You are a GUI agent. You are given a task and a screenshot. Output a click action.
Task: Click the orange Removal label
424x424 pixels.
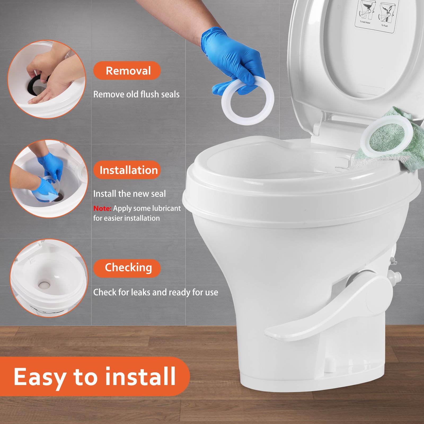[127, 71]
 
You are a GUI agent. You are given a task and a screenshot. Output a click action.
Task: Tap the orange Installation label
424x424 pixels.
[127, 170]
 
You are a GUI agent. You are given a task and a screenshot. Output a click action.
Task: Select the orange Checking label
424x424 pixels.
[127, 268]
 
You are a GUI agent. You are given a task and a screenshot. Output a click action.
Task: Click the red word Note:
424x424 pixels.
[102, 209]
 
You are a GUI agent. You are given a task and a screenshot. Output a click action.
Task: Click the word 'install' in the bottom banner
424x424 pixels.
[140, 376]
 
